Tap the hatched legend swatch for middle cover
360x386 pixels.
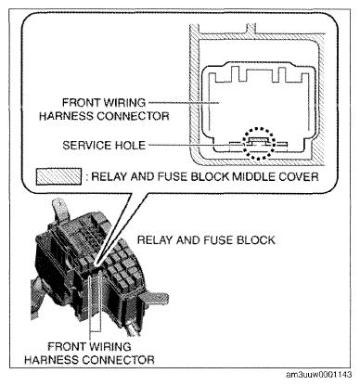click(x=58, y=176)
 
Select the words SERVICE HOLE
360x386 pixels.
click(x=104, y=145)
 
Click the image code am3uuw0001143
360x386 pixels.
click(x=319, y=375)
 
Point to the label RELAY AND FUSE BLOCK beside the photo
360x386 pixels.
click(x=206, y=240)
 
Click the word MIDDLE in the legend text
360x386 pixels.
click(x=254, y=176)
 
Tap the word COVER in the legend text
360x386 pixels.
click(x=299, y=176)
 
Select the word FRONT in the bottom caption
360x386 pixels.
click(x=66, y=346)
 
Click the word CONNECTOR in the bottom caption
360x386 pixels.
click(x=119, y=360)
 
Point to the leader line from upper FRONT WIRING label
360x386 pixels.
click(x=184, y=102)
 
